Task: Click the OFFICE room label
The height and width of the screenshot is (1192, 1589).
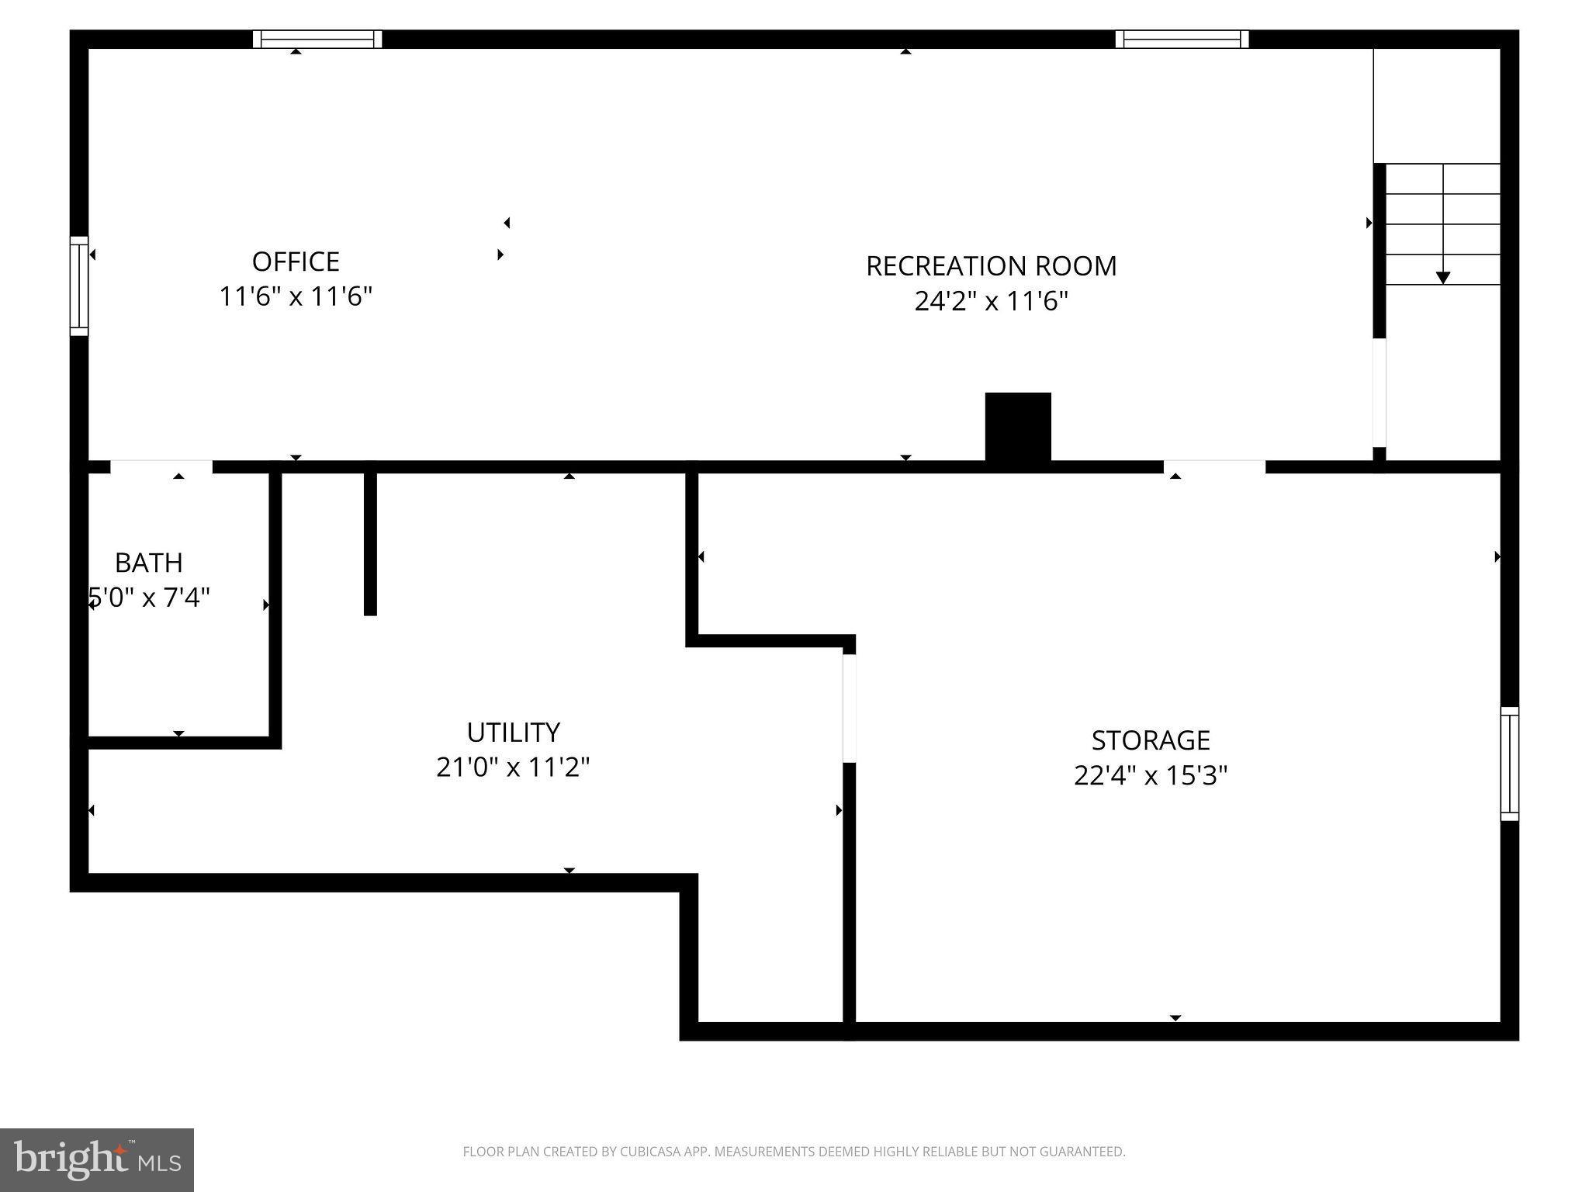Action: pyautogui.click(x=296, y=262)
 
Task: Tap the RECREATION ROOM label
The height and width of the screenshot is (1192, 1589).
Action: pyautogui.click(x=991, y=266)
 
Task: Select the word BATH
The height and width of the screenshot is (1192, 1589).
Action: pyautogui.click(x=149, y=563)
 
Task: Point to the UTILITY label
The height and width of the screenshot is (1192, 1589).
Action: pyautogui.click(x=513, y=733)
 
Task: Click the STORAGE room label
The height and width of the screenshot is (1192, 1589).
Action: pyautogui.click(x=1151, y=740)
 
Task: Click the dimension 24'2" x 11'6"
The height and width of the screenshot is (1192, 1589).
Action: pyautogui.click(x=991, y=301)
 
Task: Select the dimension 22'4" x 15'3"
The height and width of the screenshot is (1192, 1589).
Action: pyautogui.click(x=1151, y=775)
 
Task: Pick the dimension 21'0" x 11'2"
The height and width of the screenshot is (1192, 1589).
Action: pyautogui.click(x=513, y=768)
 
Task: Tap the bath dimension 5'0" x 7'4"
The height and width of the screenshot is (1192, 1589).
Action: pyautogui.click(x=149, y=598)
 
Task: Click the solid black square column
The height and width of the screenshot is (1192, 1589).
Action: pyautogui.click(x=1018, y=427)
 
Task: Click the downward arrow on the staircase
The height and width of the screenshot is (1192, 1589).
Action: pyautogui.click(x=1443, y=276)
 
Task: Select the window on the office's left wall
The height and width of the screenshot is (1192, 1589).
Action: pyautogui.click(x=79, y=286)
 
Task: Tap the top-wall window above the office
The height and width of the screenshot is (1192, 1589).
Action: pyautogui.click(x=317, y=39)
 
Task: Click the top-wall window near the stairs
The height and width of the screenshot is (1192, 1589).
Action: pyautogui.click(x=1182, y=39)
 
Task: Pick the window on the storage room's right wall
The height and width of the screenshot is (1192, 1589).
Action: pyautogui.click(x=1509, y=764)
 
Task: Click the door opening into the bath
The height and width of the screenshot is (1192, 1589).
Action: pyautogui.click(x=161, y=466)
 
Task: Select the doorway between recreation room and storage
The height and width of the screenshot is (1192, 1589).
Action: pyautogui.click(x=1214, y=466)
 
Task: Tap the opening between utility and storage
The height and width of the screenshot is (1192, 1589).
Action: pyautogui.click(x=850, y=708)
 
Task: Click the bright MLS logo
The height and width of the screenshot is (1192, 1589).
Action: pyautogui.click(x=97, y=1159)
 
